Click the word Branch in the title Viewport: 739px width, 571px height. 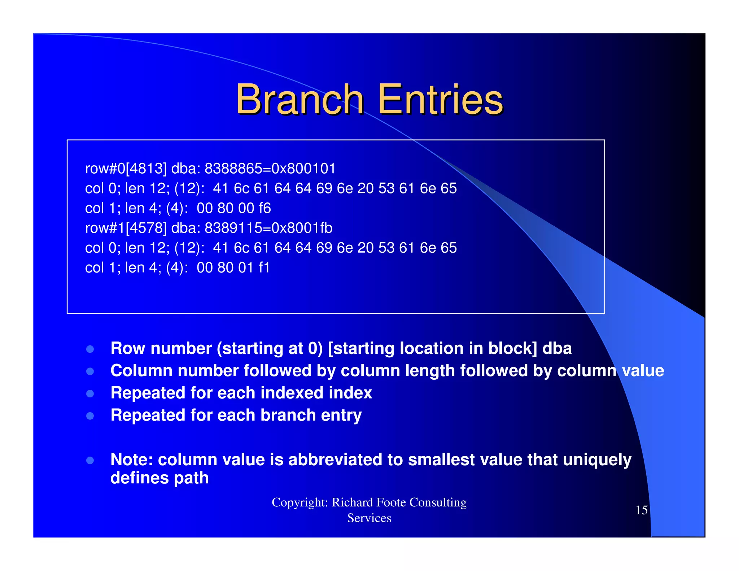(x=299, y=99)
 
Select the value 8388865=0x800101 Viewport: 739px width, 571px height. (x=270, y=169)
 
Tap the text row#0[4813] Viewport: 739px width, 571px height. (x=126, y=169)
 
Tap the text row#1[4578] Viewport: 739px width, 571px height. (x=126, y=228)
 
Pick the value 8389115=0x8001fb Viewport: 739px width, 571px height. (x=268, y=228)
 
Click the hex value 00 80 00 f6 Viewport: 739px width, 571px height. (x=234, y=208)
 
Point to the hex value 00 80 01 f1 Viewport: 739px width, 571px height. (x=233, y=268)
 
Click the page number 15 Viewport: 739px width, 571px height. (x=641, y=510)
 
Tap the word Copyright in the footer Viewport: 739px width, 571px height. (x=299, y=502)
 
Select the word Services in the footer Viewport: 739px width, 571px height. (x=369, y=518)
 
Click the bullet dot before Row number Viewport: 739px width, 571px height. (x=90, y=349)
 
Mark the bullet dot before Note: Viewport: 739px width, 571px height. (x=90, y=460)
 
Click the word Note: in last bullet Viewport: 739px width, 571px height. (x=132, y=459)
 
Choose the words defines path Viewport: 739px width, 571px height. (x=159, y=478)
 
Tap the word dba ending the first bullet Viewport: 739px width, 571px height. (x=557, y=348)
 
